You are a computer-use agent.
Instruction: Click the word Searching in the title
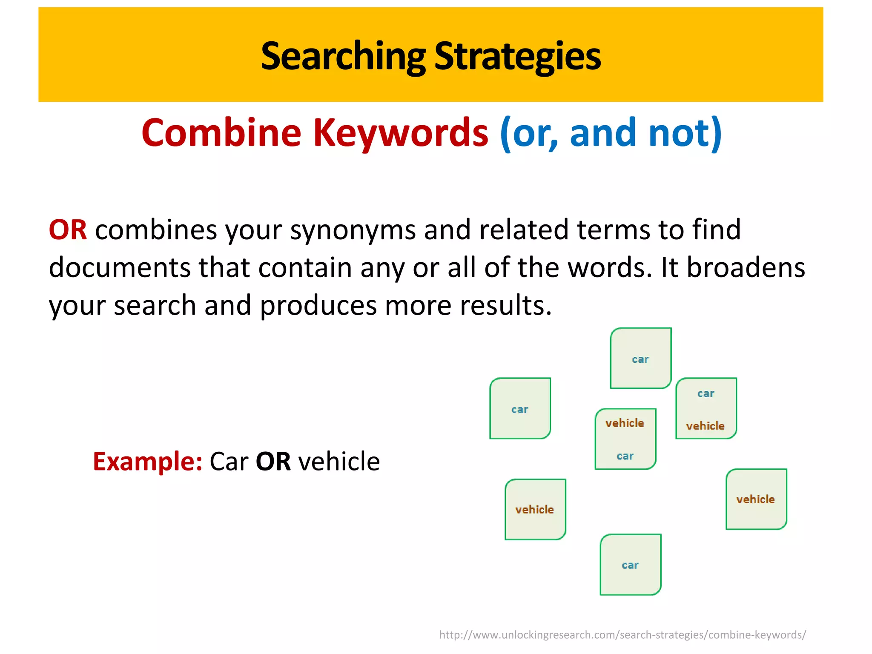[x=343, y=56]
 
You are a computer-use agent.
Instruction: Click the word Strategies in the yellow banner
[x=517, y=56]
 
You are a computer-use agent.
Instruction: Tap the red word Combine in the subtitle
[x=221, y=133]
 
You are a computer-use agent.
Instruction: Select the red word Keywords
[x=400, y=133]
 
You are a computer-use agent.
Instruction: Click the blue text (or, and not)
[x=611, y=133]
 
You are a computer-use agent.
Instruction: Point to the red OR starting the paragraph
[x=68, y=230]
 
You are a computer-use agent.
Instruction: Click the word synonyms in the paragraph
[x=353, y=230]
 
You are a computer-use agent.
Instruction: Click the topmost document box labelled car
[x=640, y=358]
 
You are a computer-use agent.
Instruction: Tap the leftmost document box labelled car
[x=520, y=408]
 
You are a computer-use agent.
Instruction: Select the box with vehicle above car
[x=625, y=439]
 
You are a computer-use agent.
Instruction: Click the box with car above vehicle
[x=706, y=408]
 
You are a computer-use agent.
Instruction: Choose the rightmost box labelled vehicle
[x=756, y=499]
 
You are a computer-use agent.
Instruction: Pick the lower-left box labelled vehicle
[x=535, y=509]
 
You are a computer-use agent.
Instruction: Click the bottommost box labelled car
[x=630, y=565]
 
